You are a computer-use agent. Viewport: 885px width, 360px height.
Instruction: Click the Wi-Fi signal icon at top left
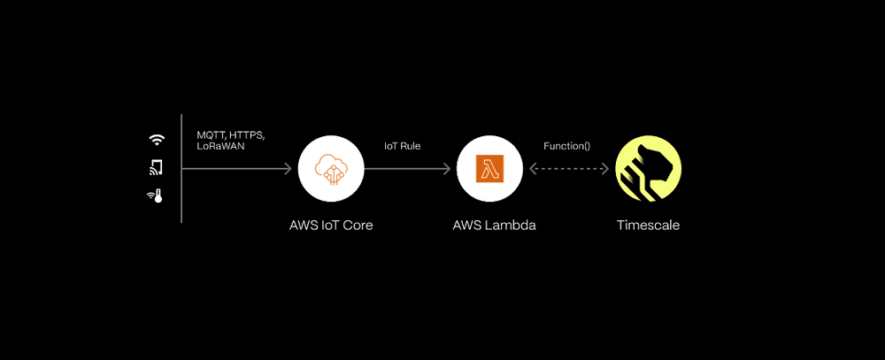pyautogui.click(x=157, y=140)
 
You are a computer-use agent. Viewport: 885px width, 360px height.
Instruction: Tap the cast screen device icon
pyautogui.click(x=157, y=167)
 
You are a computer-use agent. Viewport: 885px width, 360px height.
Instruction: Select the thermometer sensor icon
pyautogui.click(x=156, y=195)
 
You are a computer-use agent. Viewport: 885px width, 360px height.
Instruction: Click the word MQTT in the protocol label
pyautogui.click(x=212, y=134)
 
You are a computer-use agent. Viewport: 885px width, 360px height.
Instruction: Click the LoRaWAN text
pyautogui.click(x=219, y=146)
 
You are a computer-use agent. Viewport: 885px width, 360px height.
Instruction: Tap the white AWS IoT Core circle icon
pyautogui.click(x=330, y=168)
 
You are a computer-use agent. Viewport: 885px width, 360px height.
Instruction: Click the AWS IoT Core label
pyautogui.click(x=331, y=225)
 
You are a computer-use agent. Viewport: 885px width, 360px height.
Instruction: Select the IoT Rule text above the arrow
pyautogui.click(x=402, y=145)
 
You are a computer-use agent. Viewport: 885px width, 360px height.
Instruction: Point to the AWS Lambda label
pyautogui.click(x=493, y=225)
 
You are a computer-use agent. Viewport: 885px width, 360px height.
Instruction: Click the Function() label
pyautogui.click(x=566, y=145)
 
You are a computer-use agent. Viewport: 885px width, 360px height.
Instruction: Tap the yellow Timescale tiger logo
pyautogui.click(x=648, y=168)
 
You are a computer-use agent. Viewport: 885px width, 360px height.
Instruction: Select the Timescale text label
pyautogui.click(x=648, y=225)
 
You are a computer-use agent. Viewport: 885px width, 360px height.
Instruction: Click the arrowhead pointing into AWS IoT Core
pyautogui.click(x=288, y=168)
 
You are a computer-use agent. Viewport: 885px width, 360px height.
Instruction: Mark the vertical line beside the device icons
pyautogui.click(x=181, y=168)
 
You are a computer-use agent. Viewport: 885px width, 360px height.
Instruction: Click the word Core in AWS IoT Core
pyautogui.click(x=357, y=225)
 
